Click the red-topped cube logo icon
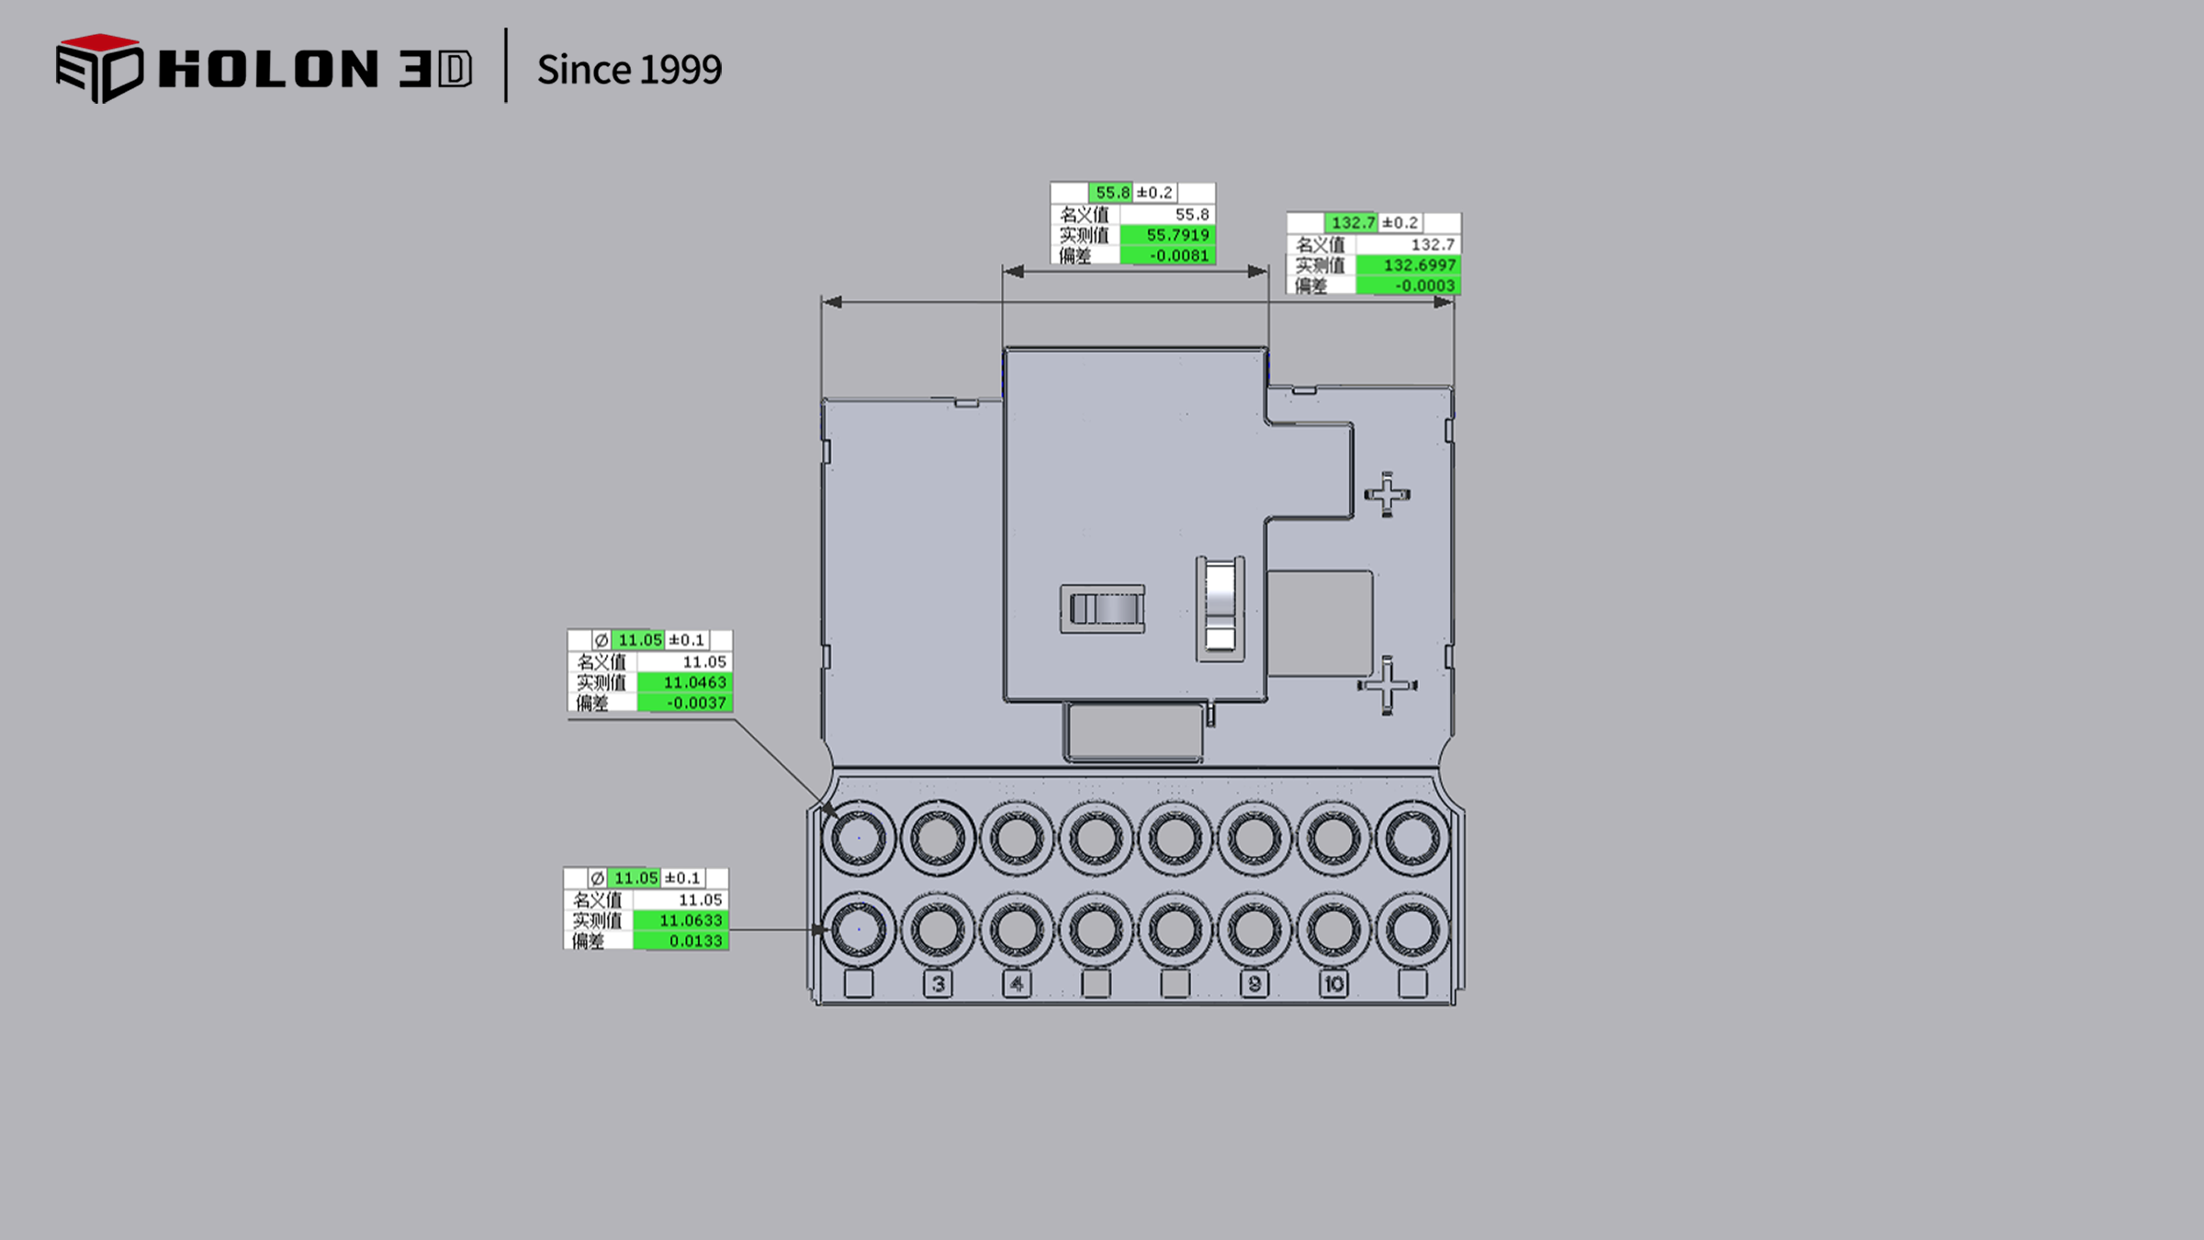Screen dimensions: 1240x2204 [99, 68]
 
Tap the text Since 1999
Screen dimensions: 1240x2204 [629, 70]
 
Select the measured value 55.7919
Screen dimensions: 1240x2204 [1177, 235]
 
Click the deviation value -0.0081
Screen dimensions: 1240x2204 [1179, 255]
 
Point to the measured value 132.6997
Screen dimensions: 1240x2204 [1419, 265]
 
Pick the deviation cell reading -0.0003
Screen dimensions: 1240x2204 [1424, 286]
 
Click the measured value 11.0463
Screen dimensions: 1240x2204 [694, 682]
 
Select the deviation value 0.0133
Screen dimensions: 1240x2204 [695, 941]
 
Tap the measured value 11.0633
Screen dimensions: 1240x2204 [691, 920]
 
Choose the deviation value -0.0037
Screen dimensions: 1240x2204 [696, 703]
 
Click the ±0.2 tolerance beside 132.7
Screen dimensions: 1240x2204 [1400, 223]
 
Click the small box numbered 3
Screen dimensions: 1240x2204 [938, 984]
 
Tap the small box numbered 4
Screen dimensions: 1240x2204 [1017, 984]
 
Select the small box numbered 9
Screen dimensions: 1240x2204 [1254, 984]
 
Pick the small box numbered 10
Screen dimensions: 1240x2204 [1333, 984]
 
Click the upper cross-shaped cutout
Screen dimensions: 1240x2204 [1387, 495]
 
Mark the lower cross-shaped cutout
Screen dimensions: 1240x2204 [1387, 685]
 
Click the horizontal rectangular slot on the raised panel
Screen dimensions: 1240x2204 [1103, 609]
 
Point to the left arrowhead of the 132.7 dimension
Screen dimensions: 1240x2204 [832, 302]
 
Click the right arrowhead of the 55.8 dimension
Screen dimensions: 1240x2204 [1258, 271]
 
